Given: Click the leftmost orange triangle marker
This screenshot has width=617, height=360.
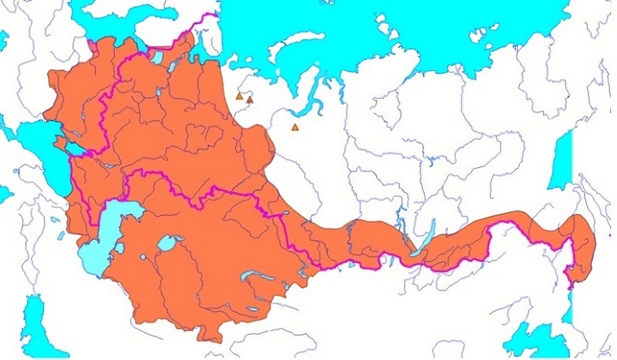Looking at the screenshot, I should click(239, 97).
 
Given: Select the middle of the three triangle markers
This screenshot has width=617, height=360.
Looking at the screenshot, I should click(250, 99).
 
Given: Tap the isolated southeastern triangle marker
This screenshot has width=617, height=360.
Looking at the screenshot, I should click(295, 127).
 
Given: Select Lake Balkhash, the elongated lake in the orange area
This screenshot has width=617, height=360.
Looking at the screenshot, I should click(248, 275).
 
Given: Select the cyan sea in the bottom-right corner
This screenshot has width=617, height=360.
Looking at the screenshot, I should click(540, 339).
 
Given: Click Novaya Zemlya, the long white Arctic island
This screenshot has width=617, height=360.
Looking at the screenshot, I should click(297, 42).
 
